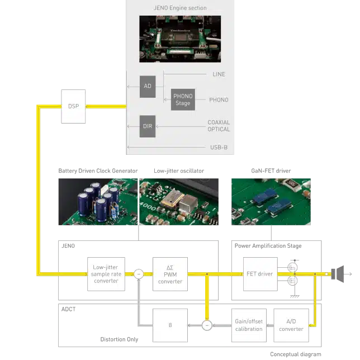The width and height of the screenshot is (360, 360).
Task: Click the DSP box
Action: tap(73, 106)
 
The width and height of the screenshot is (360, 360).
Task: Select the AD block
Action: tap(148, 87)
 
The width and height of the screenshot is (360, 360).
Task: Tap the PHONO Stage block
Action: tap(183, 100)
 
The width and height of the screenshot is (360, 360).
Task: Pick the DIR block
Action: tap(148, 126)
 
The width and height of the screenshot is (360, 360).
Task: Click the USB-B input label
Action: tap(219, 148)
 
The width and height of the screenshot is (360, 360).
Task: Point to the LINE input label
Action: tap(219, 74)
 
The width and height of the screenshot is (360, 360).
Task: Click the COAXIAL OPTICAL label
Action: tap(219, 126)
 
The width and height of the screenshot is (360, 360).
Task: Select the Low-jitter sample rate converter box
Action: tap(106, 274)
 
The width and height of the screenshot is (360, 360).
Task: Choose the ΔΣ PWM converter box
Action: tap(170, 274)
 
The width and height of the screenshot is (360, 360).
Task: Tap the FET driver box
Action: tap(260, 274)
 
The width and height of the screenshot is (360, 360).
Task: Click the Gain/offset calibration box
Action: tap(249, 325)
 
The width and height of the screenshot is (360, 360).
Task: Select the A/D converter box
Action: tap(291, 325)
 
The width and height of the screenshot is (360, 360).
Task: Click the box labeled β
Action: tap(170, 325)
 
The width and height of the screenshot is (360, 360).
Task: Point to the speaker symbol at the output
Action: tap(338, 274)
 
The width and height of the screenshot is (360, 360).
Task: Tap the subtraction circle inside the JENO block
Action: tap(139, 274)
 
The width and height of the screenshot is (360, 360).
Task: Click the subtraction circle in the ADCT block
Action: tap(207, 325)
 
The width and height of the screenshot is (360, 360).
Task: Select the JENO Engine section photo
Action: tap(180, 39)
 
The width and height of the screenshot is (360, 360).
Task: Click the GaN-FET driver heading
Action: tap(271, 171)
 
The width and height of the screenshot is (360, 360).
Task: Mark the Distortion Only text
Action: tap(119, 339)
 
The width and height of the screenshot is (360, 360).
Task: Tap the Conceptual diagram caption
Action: tap(296, 354)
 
